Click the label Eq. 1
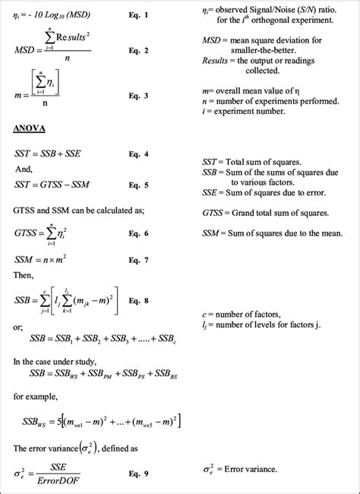(x=139, y=15)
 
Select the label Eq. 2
(x=139, y=51)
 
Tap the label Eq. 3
(x=139, y=95)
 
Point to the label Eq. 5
(x=139, y=185)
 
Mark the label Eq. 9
(x=139, y=473)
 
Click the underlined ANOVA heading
(x=30, y=128)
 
